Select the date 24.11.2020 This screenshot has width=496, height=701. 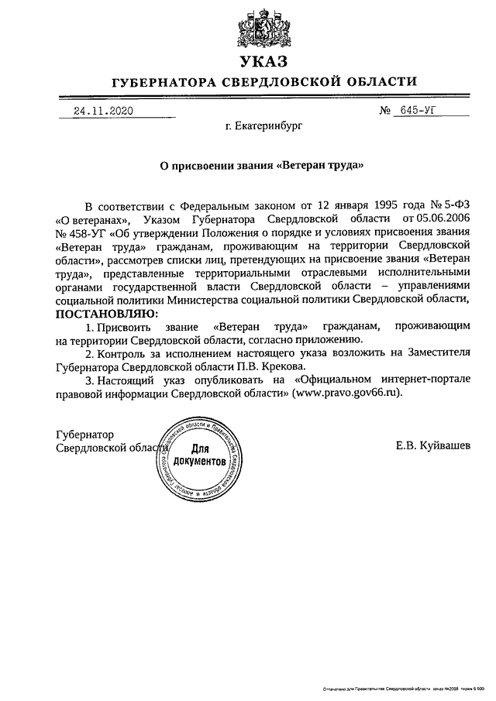[103, 111]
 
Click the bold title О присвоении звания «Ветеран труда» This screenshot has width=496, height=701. [256, 164]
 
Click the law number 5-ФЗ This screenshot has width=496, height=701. [449, 207]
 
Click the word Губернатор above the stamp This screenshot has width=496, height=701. [84, 434]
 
